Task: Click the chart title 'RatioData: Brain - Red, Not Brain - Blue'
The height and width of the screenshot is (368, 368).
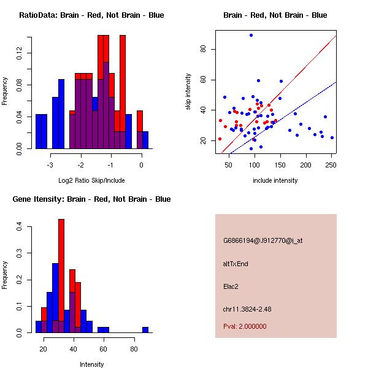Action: tap(91, 15)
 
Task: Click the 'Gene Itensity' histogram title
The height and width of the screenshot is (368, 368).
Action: tap(91, 199)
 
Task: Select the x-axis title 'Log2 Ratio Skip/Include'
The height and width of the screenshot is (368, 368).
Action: tap(91, 180)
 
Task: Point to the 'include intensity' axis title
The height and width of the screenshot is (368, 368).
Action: tap(275, 180)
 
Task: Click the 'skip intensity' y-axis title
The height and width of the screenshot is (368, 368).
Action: tap(188, 92)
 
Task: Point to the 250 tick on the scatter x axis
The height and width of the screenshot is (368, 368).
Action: tap(331, 165)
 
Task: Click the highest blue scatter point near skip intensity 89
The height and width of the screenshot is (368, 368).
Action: tap(251, 35)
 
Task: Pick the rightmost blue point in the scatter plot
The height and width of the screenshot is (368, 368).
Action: tap(332, 137)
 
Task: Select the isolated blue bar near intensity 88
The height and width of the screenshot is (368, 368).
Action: tap(145, 329)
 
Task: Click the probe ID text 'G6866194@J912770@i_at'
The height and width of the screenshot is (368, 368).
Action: tap(263, 240)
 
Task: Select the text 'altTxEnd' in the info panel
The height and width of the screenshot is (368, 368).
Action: tap(236, 264)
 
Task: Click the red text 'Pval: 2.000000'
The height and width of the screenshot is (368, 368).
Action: tap(245, 326)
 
